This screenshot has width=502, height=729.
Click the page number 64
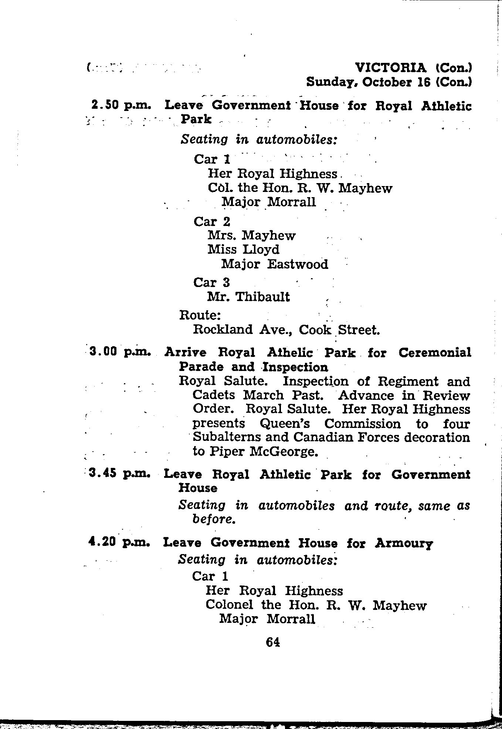coord(273,642)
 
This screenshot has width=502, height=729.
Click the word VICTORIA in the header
coord(390,68)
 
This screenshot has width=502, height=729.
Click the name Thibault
coord(263,297)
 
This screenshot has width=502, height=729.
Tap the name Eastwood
coord(298,264)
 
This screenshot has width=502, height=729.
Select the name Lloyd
coord(261,250)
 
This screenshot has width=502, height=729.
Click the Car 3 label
coord(211,283)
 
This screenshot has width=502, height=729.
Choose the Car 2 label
coord(212,222)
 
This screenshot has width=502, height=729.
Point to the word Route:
coord(200,315)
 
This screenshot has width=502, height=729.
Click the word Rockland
coord(222,329)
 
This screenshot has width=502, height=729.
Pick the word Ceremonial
coord(435,352)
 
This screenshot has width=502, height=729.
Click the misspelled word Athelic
coord(290,352)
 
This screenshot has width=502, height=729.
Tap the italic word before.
coord(214,520)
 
